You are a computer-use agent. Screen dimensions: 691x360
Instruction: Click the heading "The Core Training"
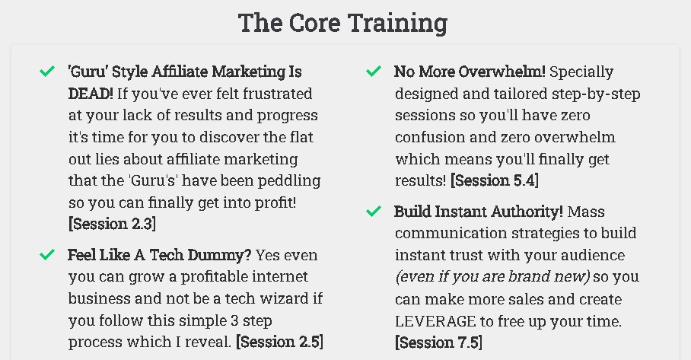click(343, 23)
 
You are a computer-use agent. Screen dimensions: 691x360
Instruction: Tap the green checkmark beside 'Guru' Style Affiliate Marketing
click(46, 71)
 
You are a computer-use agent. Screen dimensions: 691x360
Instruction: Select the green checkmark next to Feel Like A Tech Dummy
click(46, 254)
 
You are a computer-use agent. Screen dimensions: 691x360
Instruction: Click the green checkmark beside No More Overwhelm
click(373, 71)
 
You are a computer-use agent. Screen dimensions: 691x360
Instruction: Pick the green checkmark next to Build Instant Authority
click(373, 212)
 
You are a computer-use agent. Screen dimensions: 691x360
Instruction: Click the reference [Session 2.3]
click(112, 224)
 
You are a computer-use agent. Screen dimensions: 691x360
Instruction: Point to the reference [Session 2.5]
click(279, 342)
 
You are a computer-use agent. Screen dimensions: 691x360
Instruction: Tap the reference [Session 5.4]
click(495, 180)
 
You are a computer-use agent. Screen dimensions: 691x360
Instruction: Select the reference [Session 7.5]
click(438, 342)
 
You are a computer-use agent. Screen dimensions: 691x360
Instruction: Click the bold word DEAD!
click(91, 94)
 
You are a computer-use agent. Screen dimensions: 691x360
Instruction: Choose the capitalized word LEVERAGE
click(435, 321)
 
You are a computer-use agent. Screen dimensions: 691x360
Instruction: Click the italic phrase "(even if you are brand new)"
click(492, 277)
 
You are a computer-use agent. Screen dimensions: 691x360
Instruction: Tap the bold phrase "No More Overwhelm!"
click(470, 72)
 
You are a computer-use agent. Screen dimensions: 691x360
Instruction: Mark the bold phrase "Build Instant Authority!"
click(479, 212)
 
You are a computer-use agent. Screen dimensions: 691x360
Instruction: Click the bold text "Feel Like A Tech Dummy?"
click(159, 255)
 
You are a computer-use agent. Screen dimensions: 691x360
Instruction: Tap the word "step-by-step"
click(596, 94)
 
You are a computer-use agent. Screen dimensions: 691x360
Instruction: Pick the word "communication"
click(451, 233)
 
